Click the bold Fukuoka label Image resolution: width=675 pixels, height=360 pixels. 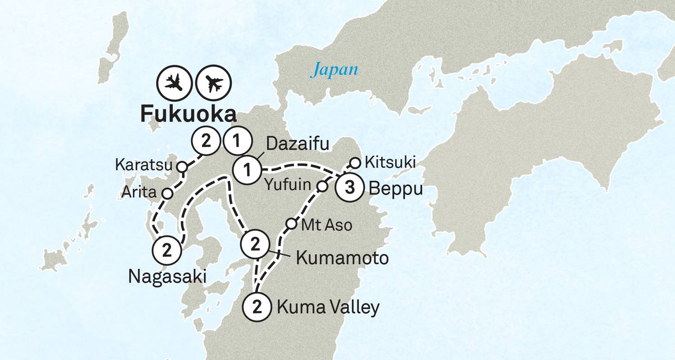(x=188, y=115)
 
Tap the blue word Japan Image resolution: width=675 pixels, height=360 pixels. (x=336, y=70)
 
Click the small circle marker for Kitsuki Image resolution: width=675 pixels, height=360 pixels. (x=355, y=162)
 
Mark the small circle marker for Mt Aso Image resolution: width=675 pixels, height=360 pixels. (x=292, y=223)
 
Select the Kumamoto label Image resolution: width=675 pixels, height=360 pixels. (x=342, y=258)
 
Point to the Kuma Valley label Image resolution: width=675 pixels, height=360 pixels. (x=328, y=308)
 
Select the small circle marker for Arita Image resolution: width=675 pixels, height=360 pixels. (x=167, y=193)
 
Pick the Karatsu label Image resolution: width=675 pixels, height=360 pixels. (x=144, y=165)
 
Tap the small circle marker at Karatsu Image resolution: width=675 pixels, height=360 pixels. (x=181, y=166)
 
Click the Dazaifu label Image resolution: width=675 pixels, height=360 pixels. (x=298, y=145)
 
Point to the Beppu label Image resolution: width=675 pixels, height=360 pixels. (x=396, y=189)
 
